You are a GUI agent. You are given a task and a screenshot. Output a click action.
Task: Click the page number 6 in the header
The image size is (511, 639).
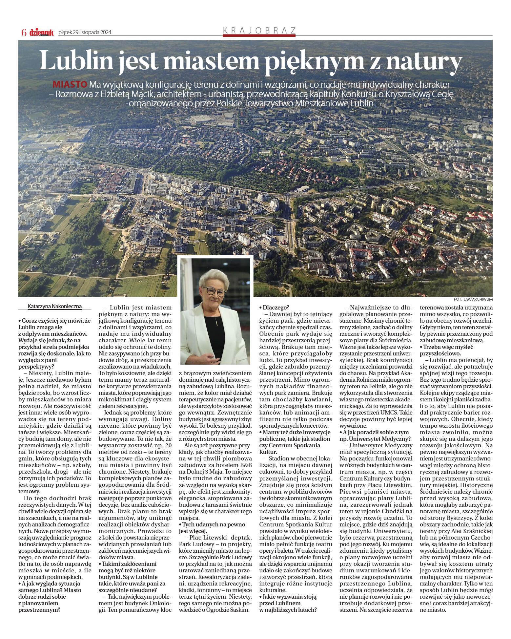pyautogui.click(x=24, y=32)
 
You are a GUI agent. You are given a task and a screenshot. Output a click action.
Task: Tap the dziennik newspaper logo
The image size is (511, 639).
pyautogui.click(x=41, y=32)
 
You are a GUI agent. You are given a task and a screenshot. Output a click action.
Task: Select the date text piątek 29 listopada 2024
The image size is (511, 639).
pyautogui.click(x=85, y=32)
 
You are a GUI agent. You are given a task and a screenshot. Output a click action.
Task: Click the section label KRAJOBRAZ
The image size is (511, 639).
pyautogui.click(x=259, y=31)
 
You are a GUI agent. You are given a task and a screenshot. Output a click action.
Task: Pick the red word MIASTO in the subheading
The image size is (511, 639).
pyautogui.click(x=70, y=84)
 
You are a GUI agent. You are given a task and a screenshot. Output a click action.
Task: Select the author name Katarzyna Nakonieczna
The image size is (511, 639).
pyautogui.click(x=55, y=307)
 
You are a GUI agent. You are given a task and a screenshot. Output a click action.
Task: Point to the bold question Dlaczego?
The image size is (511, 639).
pyautogui.click(x=274, y=308)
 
